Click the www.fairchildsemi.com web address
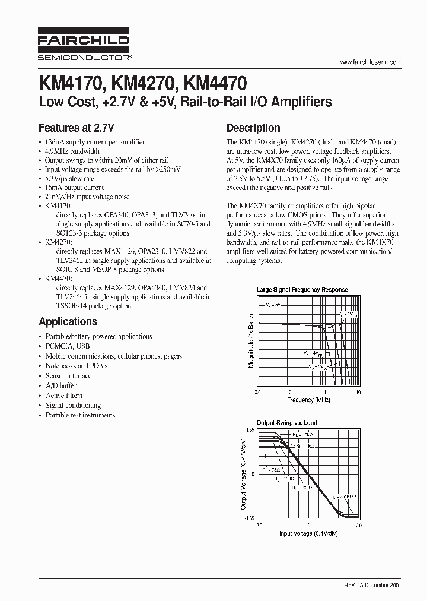point(369,62)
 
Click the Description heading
point(253,128)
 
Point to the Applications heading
point(68,321)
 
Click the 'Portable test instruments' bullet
point(80,416)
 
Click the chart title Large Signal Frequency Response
point(302,290)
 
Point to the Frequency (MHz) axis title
point(308,400)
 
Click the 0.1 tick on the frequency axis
point(291,392)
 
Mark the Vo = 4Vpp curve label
point(311,353)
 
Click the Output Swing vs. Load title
point(286,423)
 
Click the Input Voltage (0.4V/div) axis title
point(308,533)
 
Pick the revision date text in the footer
point(372,586)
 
